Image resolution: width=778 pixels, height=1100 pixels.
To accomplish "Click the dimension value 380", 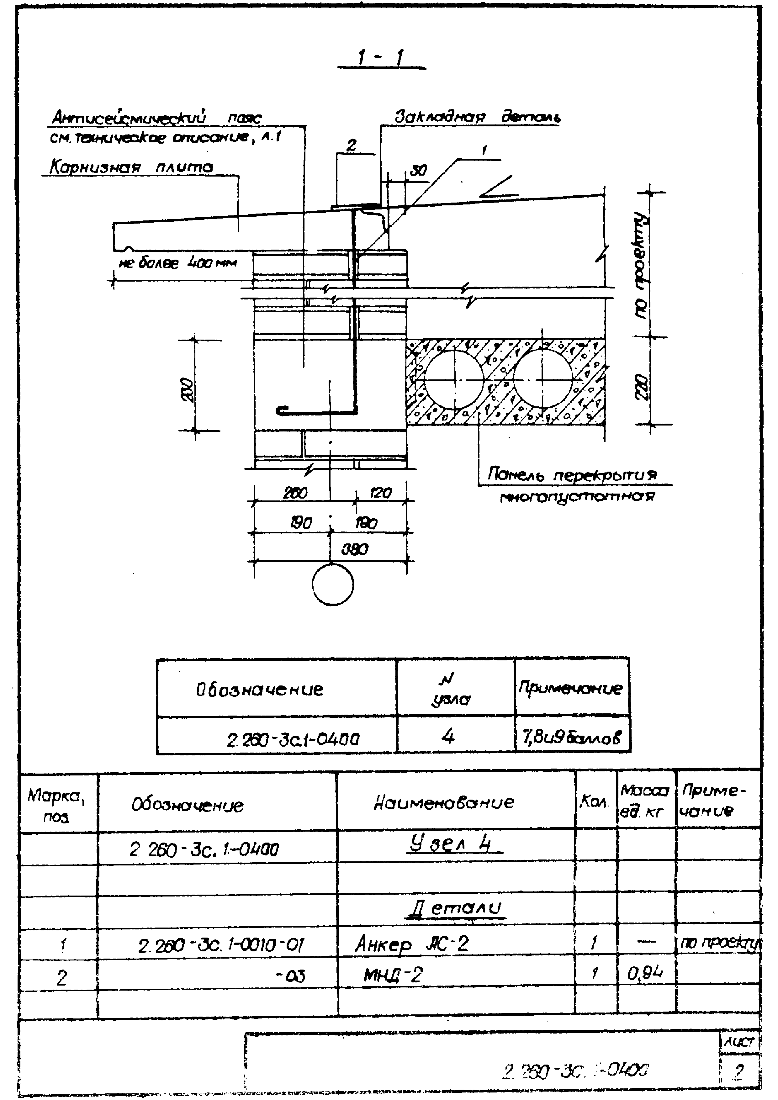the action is tap(355, 549).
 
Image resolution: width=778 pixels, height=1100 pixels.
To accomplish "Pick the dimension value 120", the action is tap(381, 493).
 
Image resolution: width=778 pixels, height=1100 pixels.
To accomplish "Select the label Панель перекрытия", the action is tap(572, 474).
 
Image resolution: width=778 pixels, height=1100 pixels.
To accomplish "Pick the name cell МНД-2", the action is tap(393, 975).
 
